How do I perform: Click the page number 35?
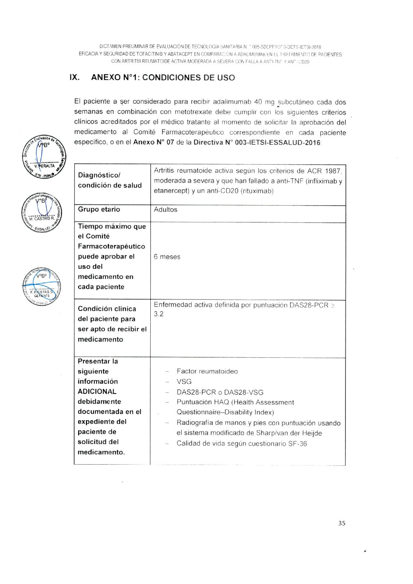pos(342,523)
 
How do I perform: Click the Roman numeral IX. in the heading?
pos(75,77)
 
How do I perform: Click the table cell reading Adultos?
pos(166,209)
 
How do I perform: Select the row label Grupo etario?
pos(99,209)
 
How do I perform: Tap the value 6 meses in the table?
pos(167,257)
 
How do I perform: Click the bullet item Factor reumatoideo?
pos(207,371)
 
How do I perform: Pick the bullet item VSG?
pos(184,382)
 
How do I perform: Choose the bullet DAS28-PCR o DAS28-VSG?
pos(220,392)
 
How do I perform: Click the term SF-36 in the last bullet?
pos(297,444)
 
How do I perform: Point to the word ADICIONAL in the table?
pos(97,391)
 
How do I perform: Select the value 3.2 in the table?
pos(159,314)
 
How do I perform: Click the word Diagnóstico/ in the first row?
pos(99,175)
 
